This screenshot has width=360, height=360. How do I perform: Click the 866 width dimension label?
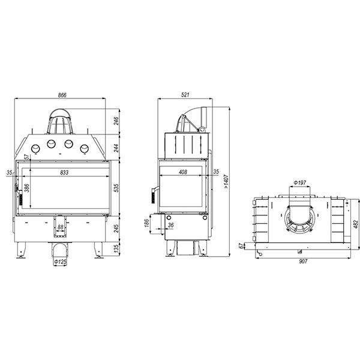coord(62,95)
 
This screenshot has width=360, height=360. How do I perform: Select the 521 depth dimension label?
coord(185,95)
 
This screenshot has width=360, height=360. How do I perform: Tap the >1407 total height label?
coord(226,182)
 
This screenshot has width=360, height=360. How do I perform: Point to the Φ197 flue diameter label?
coord(300,183)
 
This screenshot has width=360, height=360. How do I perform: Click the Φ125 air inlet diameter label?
coord(60,262)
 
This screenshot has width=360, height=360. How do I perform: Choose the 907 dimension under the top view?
coord(303,261)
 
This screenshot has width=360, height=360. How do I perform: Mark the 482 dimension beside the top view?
coord(355,224)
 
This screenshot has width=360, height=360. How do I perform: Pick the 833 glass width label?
coord(64,172)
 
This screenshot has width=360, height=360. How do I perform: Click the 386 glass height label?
coord(27,188)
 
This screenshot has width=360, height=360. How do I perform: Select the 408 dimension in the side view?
coord(183,172)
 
